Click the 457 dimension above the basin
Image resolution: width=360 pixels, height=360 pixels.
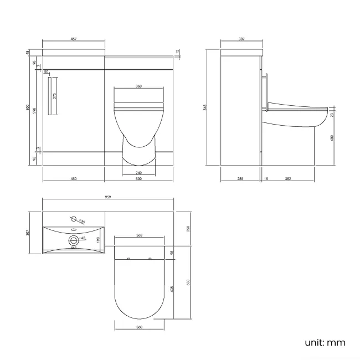(x=73, y=39)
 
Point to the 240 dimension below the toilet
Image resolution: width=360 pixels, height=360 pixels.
(x=138, y=173)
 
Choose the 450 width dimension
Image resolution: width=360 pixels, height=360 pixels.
(x=73, y=179)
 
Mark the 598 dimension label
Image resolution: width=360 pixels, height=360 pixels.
(x=35, y=110)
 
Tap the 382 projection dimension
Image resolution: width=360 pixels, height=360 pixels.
(x=287, y=179)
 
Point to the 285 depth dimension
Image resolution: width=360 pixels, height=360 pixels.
(x=240, y=179)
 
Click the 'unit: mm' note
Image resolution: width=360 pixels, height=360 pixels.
(x=325, y=342)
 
